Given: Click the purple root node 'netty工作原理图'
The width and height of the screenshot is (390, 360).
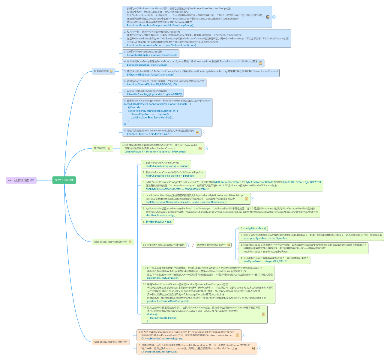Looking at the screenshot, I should pos(19,180).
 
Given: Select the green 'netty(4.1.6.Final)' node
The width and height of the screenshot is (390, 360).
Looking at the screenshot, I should pos(64,180).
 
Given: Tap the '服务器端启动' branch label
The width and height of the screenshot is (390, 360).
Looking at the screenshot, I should pos(101,71).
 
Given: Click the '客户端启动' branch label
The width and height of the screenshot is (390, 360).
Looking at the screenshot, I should pos(100,148).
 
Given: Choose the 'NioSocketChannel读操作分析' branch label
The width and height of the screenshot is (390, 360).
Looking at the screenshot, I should pos(110,242).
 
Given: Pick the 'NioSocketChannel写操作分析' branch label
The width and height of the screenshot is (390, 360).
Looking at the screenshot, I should pos(110,342).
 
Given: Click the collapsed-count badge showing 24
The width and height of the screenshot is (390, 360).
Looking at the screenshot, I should pos(274,17).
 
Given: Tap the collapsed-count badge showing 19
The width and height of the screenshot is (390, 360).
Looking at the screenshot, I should pos(206,148).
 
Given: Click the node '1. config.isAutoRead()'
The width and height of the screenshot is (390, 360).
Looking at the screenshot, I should pos(253,228).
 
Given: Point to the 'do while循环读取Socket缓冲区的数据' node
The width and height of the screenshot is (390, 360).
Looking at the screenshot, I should pos(163,245).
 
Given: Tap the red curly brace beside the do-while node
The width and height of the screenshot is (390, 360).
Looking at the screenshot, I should pos(193,245).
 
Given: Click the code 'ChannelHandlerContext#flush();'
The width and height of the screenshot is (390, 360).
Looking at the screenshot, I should pos(160,352).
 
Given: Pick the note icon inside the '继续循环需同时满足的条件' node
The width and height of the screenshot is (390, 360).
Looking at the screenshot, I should pos(229,245).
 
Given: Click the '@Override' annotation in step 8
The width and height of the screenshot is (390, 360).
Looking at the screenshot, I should pos(134,107).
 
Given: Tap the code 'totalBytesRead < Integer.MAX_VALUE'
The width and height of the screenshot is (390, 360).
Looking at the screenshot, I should pos(265,261).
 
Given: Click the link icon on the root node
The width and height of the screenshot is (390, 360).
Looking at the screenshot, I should pos(32,180).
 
